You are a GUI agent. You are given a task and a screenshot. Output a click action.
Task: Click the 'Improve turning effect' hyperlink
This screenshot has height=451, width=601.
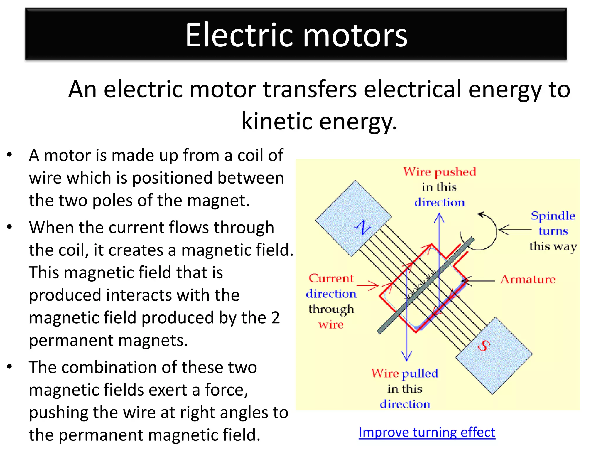click(x=427, y=433)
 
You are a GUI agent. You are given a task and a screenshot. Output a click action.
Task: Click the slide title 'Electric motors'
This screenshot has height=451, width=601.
click(x=296, y=35)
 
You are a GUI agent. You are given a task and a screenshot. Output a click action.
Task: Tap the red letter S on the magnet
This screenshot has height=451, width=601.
click(x=484, y=346)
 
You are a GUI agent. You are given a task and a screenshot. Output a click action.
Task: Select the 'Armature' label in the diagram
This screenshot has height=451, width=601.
click(x=528, y=279)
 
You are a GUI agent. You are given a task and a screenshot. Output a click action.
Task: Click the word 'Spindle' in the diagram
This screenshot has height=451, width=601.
click(x=553, y=216)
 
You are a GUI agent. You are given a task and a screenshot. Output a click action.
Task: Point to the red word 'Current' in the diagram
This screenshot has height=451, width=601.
click(x=331, y=278)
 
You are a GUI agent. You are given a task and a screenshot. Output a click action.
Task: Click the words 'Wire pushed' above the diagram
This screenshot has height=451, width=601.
click(x=439, y=172)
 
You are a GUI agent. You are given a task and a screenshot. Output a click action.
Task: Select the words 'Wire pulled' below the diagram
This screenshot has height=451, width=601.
click(x=405, y=373)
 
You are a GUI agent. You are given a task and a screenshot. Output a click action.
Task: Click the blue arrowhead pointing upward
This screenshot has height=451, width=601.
click(x=439, y=217)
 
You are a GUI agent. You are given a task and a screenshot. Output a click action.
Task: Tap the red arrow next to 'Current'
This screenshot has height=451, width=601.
click(x=368, y=285)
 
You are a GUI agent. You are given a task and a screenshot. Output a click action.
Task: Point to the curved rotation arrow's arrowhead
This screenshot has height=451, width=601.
click(x=481, y=215)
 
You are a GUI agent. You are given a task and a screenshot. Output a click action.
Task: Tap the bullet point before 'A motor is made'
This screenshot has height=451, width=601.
click(x=10, y=155)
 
